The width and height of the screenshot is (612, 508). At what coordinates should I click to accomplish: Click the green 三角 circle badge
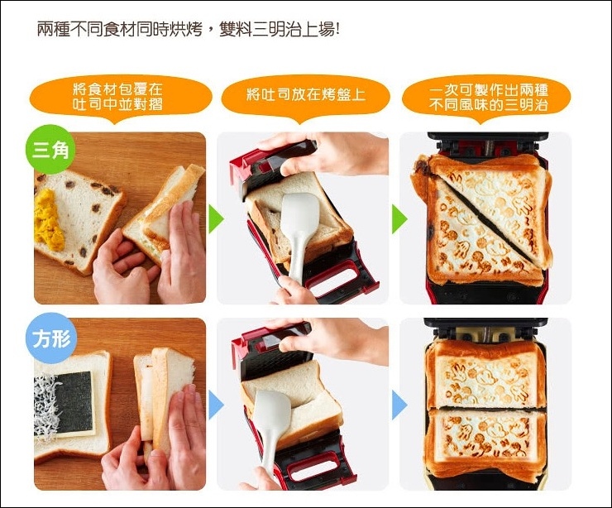(50, 149)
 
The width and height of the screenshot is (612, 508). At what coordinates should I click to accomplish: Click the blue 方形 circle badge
(51, 338)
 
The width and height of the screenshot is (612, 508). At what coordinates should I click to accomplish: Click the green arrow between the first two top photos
(215, 219)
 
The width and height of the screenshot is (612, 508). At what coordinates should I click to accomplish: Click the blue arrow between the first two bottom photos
(215, 405)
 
